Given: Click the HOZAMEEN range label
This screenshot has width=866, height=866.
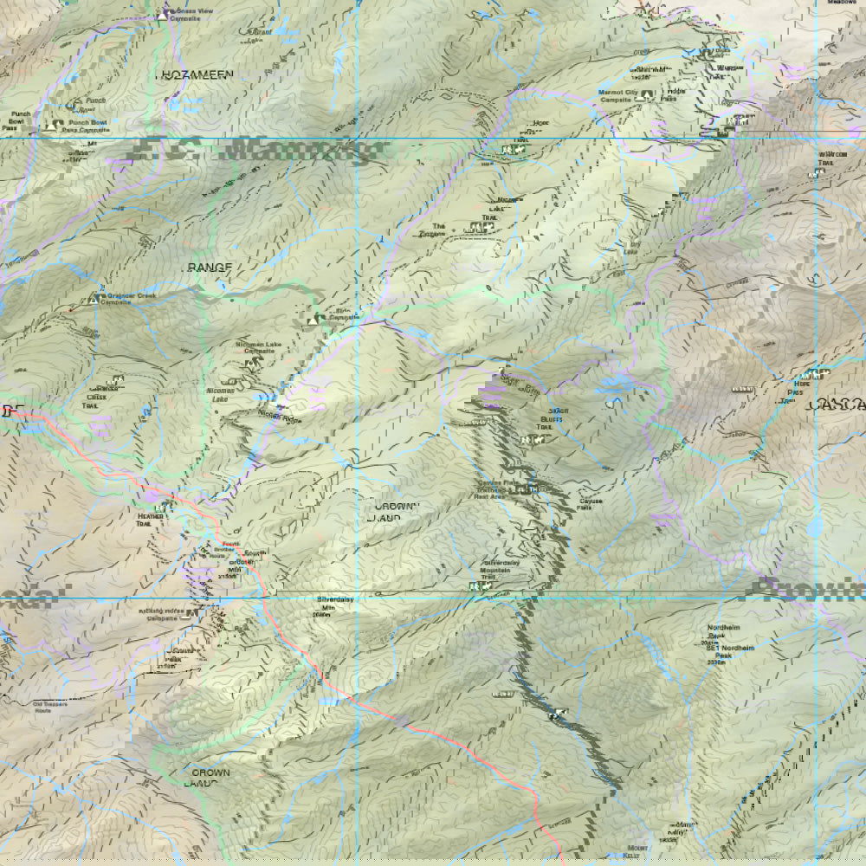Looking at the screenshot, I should (x=196, y=75).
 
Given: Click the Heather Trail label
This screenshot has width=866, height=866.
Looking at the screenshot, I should (x=149, y=520).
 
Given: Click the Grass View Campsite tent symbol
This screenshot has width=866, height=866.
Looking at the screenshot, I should (x=163, y=15).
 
